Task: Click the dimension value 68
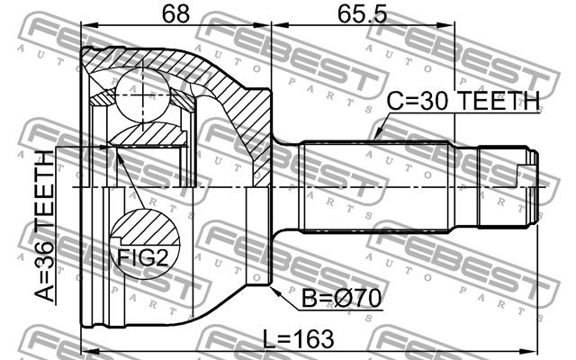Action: coord(176,14)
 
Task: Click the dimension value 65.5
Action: coord(363,14)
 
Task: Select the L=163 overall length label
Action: coord(299,338)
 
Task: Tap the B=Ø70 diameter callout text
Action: coord(341,298)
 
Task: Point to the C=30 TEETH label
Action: coord(463,101)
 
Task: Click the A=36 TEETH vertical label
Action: coord(44,226)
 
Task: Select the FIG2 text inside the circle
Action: coord(143,258)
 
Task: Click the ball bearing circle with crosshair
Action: coord(143,95)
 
